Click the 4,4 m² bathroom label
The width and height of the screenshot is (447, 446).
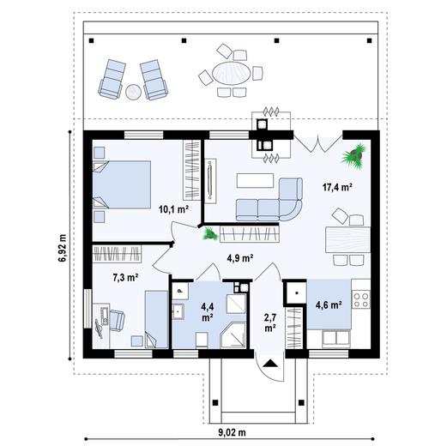(207, 310)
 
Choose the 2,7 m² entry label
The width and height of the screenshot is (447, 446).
(269, 322)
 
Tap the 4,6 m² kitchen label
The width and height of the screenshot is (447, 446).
(329, 304)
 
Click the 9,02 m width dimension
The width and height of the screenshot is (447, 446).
(229, 433)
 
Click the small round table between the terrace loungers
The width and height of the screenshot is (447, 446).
(135, 90)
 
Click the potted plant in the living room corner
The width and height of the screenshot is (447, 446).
(352, 154)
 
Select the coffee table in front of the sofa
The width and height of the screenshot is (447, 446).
(255, 179)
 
